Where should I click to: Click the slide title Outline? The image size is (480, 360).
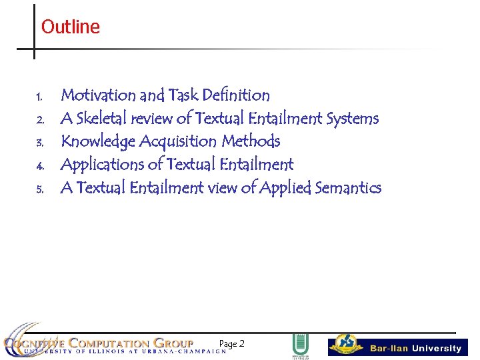tap(70, 27)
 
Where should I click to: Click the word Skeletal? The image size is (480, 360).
tap(102, 119)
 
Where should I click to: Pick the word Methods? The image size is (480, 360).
tap(251, 141)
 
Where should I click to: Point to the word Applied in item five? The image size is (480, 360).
tap(285, 188)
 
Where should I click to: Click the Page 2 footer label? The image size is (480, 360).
tap(231, 344)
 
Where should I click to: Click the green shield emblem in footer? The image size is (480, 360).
tap(300, 345)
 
